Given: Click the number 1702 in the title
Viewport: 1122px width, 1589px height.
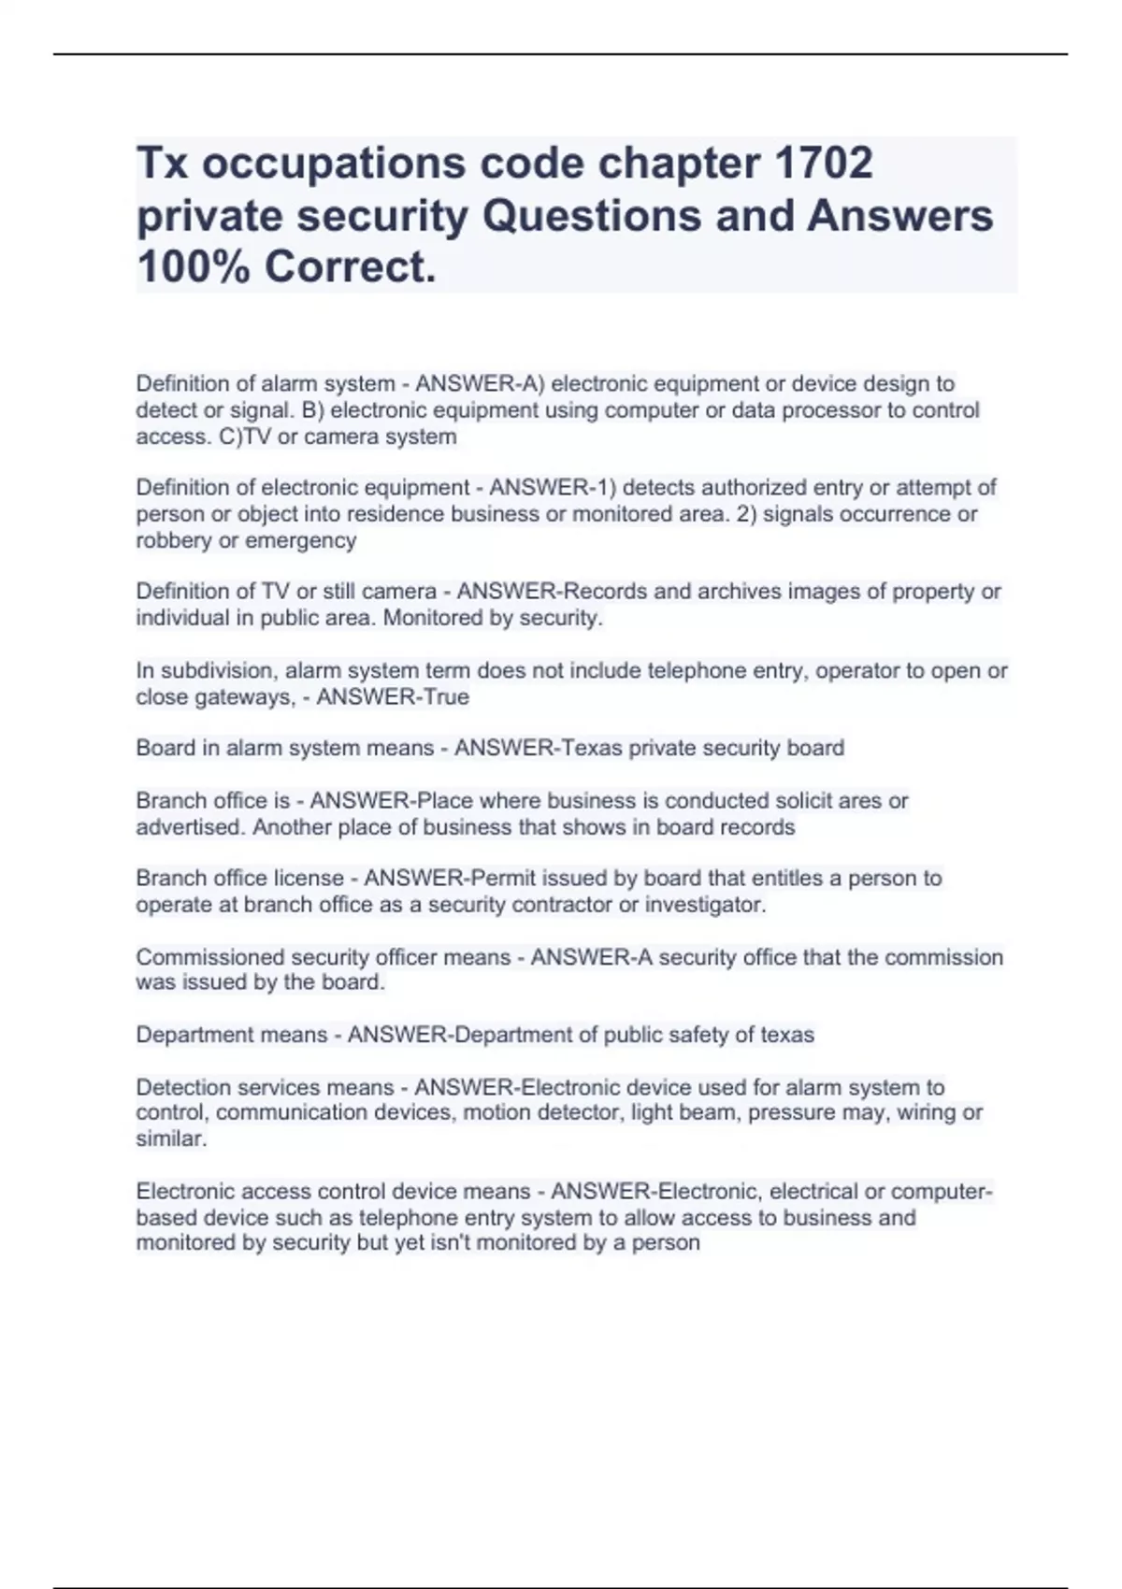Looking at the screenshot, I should [x=825, y=163].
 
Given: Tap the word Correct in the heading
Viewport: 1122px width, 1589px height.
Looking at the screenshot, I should [x=348, y=267].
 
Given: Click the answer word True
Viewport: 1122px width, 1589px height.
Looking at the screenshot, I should [x=446, y=696].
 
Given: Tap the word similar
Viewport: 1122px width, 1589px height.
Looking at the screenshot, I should [x=170, y=1138].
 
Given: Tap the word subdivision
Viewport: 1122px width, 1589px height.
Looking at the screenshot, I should [x=218, y=671].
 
